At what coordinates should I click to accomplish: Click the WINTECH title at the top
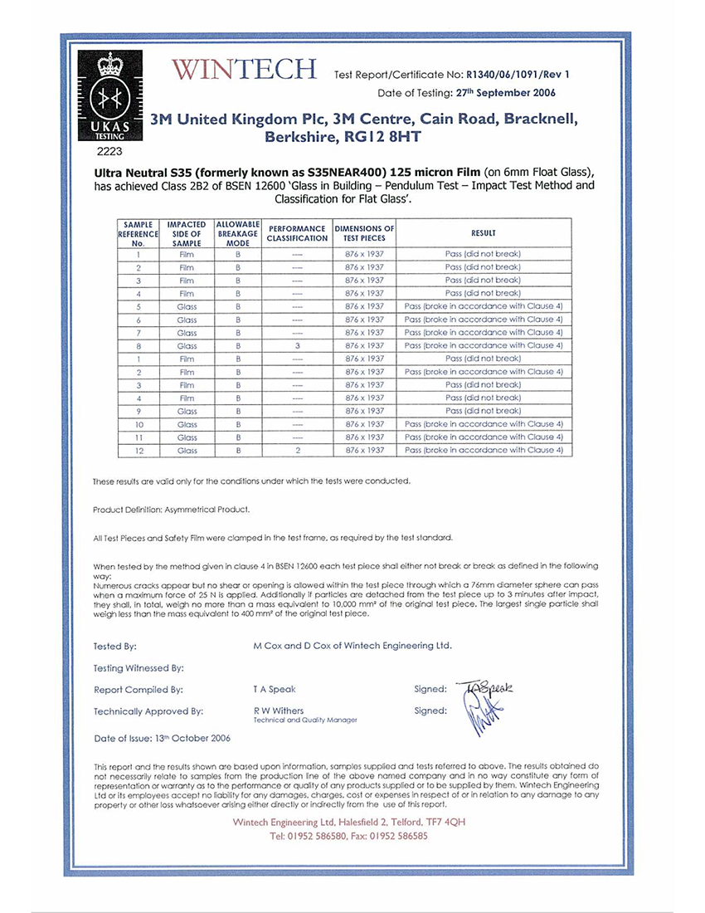pos(244,70)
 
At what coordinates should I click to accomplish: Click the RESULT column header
pos(483,234)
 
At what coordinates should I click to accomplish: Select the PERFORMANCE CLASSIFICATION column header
pos(297,233)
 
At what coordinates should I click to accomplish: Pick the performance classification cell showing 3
pos(297,345)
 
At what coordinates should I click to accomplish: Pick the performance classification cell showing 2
pos(297,451)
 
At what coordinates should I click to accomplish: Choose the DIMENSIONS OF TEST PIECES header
pos(364,233)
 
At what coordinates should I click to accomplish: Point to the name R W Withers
pos(279,710)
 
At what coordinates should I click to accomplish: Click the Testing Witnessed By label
pos(139,667)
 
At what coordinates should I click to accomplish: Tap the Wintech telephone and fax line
pos(348,837)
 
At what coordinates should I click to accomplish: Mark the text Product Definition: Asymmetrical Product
pos(172,510)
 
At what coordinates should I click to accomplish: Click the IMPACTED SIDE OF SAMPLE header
pos(187,234)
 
